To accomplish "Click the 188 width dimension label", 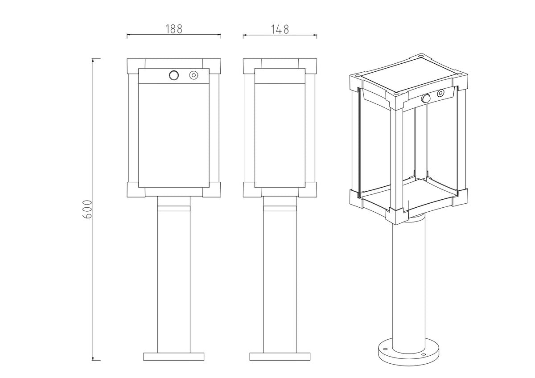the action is pos(174,29).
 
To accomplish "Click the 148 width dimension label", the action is pos(280,29).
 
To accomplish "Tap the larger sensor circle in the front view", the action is pos(173,75).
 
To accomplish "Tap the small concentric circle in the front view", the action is pos(193,75).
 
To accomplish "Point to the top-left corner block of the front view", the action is pos(136,66).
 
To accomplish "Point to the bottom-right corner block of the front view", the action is pos(212,189).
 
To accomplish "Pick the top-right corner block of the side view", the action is pos(308,66).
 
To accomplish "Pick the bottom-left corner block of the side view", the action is pos(252,189).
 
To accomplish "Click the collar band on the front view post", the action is pos(174,209).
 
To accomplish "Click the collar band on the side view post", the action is pos(280,209).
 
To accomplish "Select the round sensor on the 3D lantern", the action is pos(426,98).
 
